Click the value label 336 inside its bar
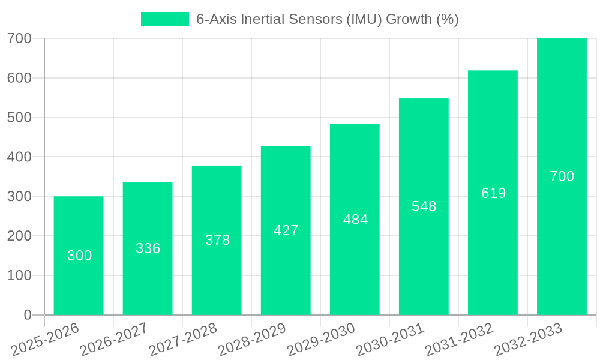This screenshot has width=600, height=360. [x=148, y=248]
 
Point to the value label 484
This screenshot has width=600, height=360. [x=355, y=220]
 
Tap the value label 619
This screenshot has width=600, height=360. [x=493, y=193]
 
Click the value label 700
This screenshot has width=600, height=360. [x=562, y=176]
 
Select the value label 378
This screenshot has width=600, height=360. [x=217, y=240]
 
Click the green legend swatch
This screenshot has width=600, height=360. [x=164, y=19]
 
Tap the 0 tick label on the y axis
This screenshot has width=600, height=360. [x=27, y=315]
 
